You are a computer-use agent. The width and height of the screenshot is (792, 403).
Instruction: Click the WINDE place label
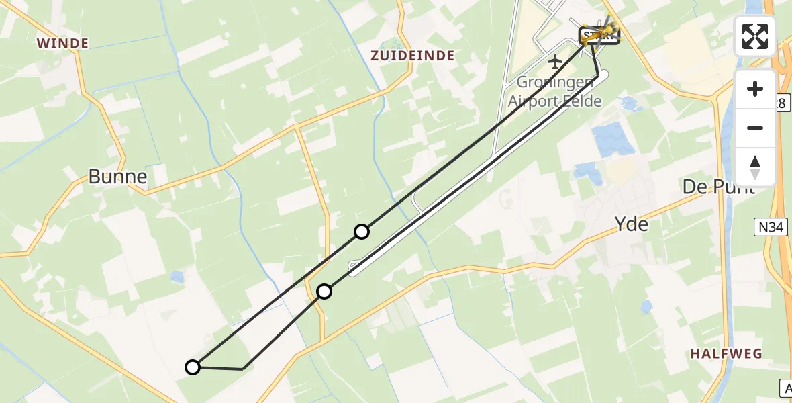coord(62,44)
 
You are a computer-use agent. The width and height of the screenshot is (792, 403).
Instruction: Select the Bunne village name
coord(117,177)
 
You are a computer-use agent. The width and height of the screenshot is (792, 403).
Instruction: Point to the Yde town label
coord(632,224)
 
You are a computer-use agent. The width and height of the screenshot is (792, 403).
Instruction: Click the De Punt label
coord(717,187)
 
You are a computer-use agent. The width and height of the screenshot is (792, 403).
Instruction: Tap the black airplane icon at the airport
coord(555,62)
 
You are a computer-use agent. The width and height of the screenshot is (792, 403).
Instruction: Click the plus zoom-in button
coord(755,89)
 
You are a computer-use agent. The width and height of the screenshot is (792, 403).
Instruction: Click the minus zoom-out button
coord(755,128)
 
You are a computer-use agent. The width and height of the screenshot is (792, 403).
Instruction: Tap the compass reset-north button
coord(755,167)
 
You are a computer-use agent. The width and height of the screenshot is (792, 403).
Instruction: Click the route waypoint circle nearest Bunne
coord(193,367)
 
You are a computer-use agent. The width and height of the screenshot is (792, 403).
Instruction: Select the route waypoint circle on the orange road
coord(324,291)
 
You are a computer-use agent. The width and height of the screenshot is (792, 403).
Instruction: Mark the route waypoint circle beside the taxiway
coord(362,232)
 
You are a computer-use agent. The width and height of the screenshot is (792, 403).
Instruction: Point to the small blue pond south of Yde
coord(646,307)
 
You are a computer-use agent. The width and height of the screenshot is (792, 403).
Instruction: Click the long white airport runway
coord(470,175)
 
